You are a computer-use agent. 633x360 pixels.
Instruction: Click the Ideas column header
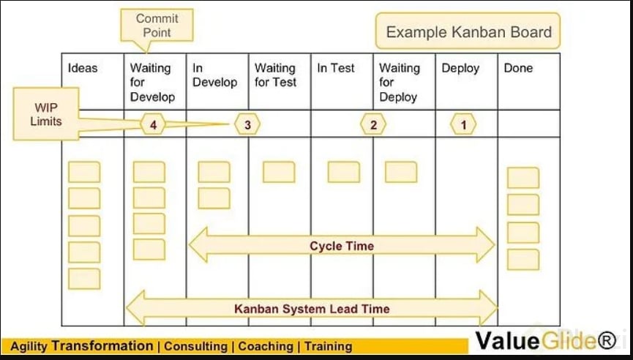tap(83, 68)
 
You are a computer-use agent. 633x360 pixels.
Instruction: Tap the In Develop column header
tap(214, 75)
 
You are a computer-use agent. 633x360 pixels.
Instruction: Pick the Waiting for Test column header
tap(275, 75)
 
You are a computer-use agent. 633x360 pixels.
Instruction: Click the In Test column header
tap(336, 68)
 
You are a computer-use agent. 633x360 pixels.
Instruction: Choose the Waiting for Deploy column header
tap(400, 82)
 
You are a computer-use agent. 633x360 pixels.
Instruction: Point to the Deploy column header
tap(460, 68)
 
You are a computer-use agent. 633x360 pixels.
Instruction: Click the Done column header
tap(518, 68)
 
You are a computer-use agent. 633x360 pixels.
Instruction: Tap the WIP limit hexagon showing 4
tap(153, 125)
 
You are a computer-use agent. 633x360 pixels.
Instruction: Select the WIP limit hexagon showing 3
tap(247, 125)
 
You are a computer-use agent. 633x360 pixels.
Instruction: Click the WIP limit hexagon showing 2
tap(373, 125)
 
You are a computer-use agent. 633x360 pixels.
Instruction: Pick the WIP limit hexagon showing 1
tap(463, 125)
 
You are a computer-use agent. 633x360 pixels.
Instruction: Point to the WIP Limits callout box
tap(45, 113)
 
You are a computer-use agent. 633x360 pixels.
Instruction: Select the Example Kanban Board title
tap(468, 32)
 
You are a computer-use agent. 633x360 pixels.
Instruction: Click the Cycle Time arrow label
tap(341, 246)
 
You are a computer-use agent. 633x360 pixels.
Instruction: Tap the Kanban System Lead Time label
tap(312, 308)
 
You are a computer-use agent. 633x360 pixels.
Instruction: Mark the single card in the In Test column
tap(343, 172)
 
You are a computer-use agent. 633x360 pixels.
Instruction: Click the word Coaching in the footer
tap(268, 346)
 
